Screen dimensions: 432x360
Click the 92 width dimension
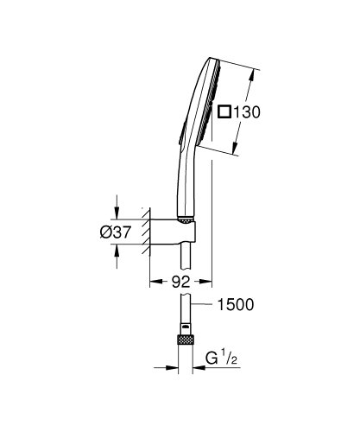[x=179, y=282]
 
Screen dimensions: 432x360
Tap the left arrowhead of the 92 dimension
[x=155, y=282]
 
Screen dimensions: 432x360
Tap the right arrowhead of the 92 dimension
[x=206, y=282]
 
